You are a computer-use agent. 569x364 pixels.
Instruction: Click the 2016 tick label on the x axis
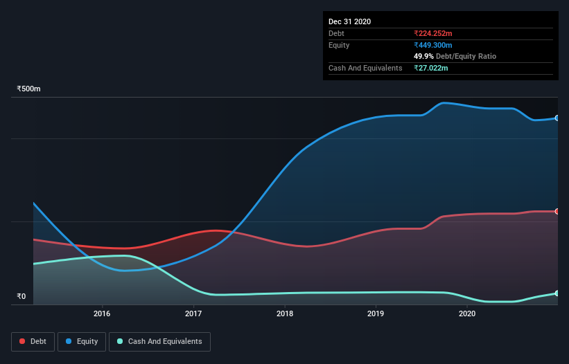[x=102, y=313]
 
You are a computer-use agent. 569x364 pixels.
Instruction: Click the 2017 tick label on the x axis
[x=193, y=313]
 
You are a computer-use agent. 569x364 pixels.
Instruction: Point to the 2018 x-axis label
[x=285, y=313]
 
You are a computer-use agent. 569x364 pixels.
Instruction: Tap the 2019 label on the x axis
[x=376, y=313]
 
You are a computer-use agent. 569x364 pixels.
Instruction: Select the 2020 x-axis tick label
[x=467, y=313]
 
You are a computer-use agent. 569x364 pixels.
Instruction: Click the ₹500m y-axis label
[x=29, y=89]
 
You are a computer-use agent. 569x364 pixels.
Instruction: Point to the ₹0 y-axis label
[x=21, y=297]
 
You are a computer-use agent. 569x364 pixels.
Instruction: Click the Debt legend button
[x=33, y=341]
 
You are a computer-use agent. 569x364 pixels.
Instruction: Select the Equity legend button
[x=82, y=341]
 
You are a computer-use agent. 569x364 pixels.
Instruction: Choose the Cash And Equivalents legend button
[x=159, y=341]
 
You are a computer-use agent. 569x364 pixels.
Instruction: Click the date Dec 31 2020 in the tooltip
[x=349, y=21]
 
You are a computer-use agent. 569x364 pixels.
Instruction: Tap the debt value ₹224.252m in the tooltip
[x=433, y=33]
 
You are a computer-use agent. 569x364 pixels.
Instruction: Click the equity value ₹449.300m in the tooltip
[x=433, y=45]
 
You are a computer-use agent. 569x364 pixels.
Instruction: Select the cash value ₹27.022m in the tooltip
[x=431, y=68]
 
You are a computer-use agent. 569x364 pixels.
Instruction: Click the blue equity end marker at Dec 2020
[x=557, y=118]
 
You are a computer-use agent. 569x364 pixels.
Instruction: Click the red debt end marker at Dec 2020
[x=557, y=211]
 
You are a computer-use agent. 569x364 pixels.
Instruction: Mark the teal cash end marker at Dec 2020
[x=557, y=293]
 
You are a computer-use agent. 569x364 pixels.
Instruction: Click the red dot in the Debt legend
[x=22, y=341]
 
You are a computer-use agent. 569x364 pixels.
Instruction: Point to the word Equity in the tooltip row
[x=339, y=45]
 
